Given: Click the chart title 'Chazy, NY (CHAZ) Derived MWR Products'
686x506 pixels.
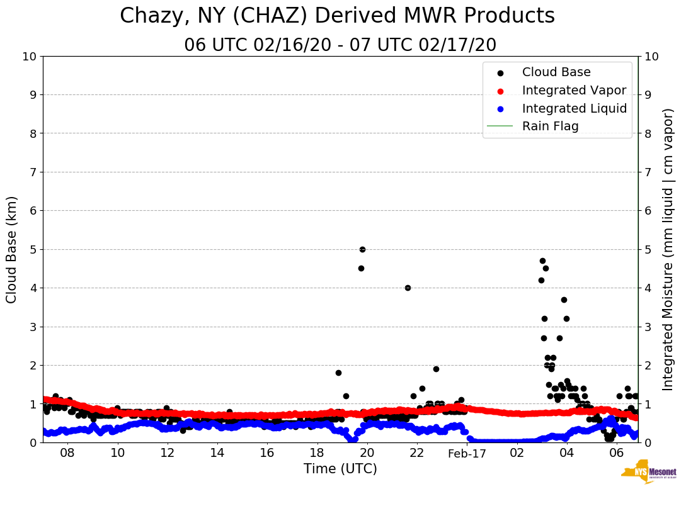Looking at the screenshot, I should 337,16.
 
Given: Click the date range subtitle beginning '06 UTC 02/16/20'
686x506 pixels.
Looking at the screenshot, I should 340,45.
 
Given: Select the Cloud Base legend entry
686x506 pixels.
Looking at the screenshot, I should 556,72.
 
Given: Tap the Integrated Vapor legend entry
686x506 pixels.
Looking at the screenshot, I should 574,90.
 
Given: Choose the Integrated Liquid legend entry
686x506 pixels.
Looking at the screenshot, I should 575,108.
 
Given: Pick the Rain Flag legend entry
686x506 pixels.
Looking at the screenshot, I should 550,126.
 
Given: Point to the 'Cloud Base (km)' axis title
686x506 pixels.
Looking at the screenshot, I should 12,249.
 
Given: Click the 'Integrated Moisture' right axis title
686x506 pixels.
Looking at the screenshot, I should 668,249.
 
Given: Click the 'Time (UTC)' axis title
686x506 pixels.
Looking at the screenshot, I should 340,469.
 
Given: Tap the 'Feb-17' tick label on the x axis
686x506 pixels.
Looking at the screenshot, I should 467,454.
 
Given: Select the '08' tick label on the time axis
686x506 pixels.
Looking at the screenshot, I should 67,454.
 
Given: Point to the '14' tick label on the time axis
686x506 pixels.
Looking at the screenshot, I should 217,454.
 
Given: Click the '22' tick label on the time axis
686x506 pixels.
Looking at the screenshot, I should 416,454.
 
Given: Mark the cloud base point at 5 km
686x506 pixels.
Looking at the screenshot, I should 362,249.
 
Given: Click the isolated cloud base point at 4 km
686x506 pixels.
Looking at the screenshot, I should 408,288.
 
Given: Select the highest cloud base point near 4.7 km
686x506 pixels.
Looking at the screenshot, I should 542,261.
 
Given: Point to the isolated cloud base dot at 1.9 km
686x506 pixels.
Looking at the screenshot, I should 436,369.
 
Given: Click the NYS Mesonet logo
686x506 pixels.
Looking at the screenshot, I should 649,474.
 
